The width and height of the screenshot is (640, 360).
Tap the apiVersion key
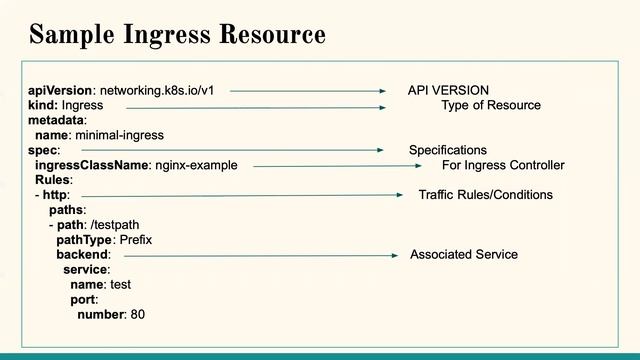click(59, 90)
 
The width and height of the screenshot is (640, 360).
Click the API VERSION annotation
click(448, 90)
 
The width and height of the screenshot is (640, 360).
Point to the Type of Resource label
click(491, 105)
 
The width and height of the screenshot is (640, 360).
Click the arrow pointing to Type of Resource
click(256, 105)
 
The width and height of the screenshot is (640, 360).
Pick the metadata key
click(57, 120)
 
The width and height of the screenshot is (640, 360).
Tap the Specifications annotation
click(448, 150)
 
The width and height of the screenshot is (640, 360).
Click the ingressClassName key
click(92, 165)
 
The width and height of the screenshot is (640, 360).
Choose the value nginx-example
click(197, 165)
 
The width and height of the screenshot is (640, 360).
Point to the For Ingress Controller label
click(503, 165)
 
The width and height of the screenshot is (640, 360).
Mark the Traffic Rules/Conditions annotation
click(485, 195)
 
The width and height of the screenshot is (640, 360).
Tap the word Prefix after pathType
click(136, 240)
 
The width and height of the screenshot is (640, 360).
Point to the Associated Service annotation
click(464, 255)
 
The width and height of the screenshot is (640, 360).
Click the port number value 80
click(138, 315)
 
